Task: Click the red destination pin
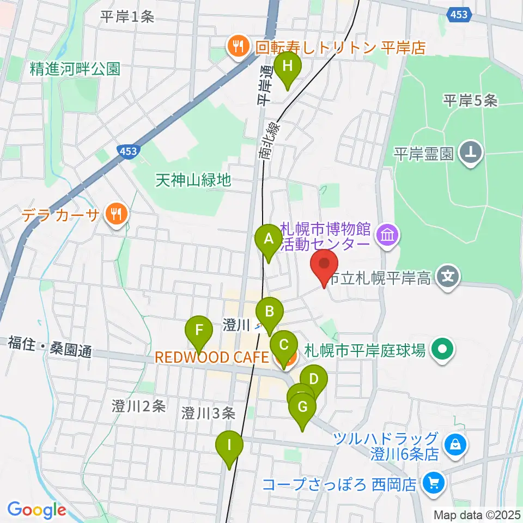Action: point(324,265)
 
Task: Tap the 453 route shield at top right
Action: point(459,15)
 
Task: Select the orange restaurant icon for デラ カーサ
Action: point(115,212)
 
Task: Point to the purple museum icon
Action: point(389,235)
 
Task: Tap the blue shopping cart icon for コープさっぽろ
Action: point(434,482)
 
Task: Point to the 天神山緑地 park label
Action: point(193,179)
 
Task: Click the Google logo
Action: point(37,510)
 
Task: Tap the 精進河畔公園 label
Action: point(75,69)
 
